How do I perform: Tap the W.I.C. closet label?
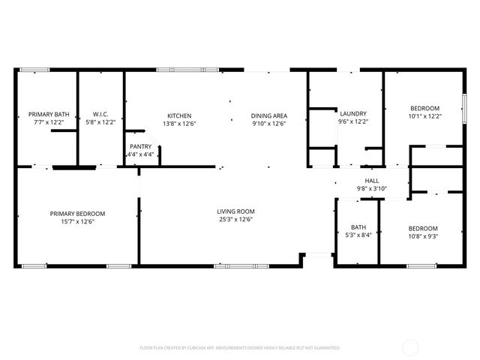tap(101, 114)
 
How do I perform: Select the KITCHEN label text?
tap(178, 115)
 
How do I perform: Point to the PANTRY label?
tap(140, 147)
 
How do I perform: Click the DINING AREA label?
tap(269, 115)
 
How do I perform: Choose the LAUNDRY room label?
tap(352, 113)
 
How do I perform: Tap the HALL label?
tap(372, 181)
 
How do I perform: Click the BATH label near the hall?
tap(358, 227)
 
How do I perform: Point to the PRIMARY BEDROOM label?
tap(77, 214)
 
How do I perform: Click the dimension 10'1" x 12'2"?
tap(424, 115)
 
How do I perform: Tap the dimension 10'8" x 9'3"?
tap(424, 235)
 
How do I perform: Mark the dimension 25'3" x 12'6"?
tap(236, 220)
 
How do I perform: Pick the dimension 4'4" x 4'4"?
tap(140, 154)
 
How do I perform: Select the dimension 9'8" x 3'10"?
tap(372, 188)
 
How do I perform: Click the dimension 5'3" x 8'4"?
tap(358, 235)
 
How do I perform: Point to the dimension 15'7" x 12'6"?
tap(77, 221)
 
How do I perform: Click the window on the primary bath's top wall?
tap(34, 70)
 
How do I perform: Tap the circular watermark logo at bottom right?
tap(411, 347)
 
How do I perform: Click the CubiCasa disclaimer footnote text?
tap(240, 348)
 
